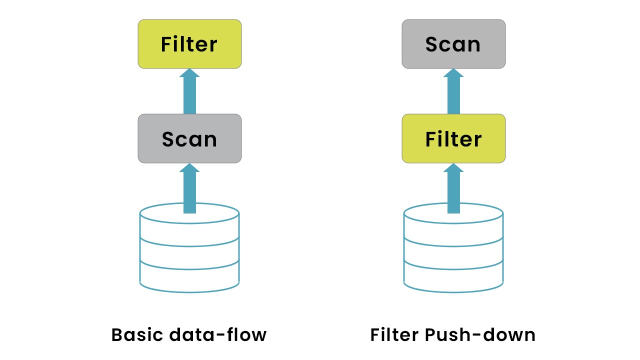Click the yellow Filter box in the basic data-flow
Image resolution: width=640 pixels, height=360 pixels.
click(189, 44)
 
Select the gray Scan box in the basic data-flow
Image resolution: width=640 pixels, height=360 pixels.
click(189, 138)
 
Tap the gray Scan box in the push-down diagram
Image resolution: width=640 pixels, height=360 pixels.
click(453, 44)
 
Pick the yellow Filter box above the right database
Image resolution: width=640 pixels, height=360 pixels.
click(453, 138)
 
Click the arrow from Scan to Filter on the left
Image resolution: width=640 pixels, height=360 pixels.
click(189, 95)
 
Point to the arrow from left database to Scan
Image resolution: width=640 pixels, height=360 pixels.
click(189, 192)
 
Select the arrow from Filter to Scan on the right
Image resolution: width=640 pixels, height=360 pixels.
click(453, 95)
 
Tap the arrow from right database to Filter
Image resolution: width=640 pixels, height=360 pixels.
click(453, 192)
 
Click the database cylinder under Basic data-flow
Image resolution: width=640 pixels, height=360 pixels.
click(189, 250)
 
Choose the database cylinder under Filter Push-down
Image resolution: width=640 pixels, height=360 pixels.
click(453, 250)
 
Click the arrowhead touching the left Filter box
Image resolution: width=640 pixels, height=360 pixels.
click(189, 73)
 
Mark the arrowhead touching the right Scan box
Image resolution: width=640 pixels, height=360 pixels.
click(453, 73)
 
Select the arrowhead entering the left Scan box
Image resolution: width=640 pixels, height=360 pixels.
click(189, 167)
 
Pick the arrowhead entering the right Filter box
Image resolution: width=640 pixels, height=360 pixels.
click(453, 167)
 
